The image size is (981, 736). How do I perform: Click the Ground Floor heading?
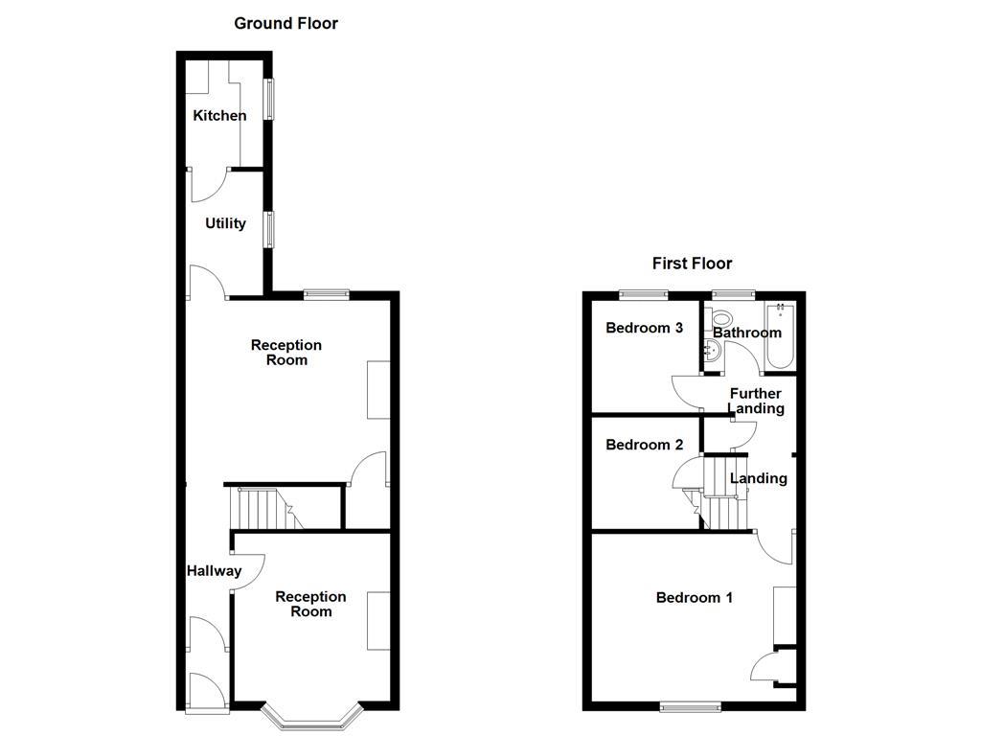tap(285, 23)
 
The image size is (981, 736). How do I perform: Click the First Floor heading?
tap(692, 263)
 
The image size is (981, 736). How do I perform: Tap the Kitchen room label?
tap(219, 116)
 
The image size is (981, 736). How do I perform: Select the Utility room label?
tap(225, 223)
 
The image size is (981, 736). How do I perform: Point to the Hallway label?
tap(214, 571)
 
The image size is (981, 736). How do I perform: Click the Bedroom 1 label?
tap(694, 598)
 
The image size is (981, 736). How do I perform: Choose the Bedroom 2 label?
tap(644, 445)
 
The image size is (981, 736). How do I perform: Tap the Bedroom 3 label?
tap(644, 328)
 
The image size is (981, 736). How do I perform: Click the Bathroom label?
tap(747, 333)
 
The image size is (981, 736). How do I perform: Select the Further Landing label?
tap(756, 401)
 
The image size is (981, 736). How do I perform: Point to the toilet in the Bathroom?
tap(720, 319)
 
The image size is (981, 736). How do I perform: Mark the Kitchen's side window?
tap(270, 98)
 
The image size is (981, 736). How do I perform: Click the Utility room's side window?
tap(270, 229)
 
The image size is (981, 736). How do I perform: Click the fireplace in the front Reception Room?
tap(378, 621)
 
